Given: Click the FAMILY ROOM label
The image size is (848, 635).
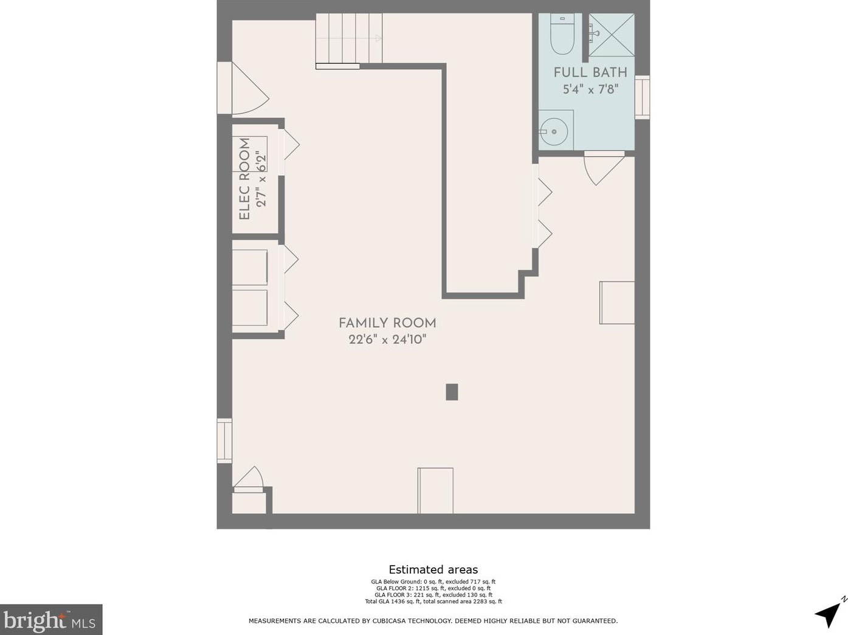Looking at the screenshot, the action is pos(387,323).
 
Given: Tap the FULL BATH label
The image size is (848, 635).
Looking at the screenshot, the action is pos(590,72).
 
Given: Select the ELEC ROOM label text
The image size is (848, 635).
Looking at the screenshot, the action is pos(244,179).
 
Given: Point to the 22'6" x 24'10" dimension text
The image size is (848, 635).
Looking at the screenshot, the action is pos(387,340).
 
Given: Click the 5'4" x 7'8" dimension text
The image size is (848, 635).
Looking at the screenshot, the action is pos(590,89).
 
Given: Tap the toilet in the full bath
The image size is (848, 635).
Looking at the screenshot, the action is pos(562,34).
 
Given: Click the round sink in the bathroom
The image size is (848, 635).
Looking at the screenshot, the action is pos(554,131).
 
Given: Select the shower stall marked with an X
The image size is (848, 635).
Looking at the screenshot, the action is pos(611,35).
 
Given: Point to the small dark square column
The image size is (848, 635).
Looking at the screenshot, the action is pos(452,392).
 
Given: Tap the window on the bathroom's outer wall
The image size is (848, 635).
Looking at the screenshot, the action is pos(642,97).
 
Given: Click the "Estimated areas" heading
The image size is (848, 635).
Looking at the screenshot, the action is pos(433,569).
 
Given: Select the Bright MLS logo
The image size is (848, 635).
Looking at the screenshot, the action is pos(50,620).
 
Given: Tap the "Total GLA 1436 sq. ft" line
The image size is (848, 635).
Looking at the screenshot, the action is pos(433,602).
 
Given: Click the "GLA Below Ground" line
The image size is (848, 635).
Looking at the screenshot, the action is pos(433,581).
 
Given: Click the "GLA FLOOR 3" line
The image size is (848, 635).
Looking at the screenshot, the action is pos(433,595).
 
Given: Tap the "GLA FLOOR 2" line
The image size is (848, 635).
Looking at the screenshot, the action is pos(433,588).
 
